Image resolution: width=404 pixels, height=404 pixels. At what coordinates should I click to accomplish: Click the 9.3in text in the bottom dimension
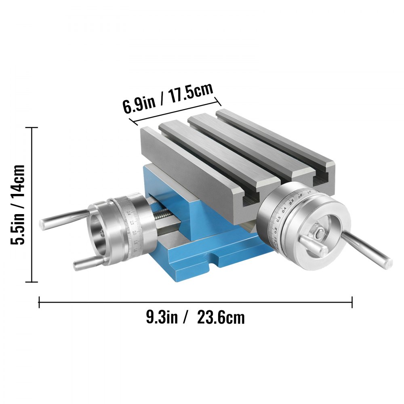[162, 317]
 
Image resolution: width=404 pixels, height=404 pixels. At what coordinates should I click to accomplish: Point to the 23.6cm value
[221, 317]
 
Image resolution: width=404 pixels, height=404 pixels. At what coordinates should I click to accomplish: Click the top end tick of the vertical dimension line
[32, 128]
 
